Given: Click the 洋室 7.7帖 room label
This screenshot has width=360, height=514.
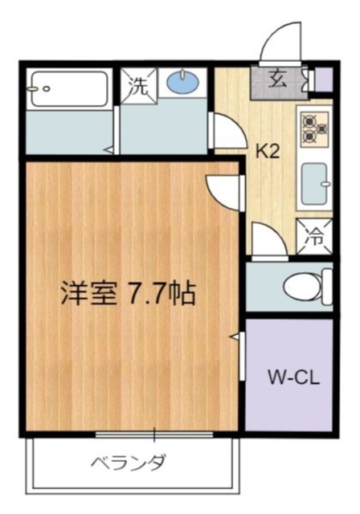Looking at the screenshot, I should click(x=126, y=294).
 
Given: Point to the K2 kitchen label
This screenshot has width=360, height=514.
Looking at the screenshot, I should click(x=267, y=151).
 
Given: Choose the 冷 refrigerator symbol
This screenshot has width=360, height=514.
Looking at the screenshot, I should click(x=315, y=237).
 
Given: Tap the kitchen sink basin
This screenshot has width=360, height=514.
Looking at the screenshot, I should click(x=314, y=184).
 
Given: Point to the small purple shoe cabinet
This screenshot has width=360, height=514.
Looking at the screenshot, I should click(x=323, y=79).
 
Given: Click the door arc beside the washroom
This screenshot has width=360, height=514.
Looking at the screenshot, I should click(x=223, y=131).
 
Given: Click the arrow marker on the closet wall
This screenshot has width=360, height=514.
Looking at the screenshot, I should click(x=235, y=339).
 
